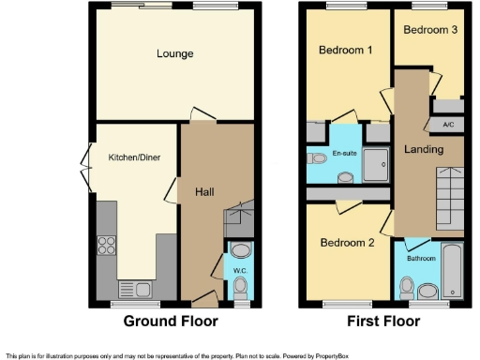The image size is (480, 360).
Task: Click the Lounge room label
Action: point(175,54)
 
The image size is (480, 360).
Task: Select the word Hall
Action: point(206,192)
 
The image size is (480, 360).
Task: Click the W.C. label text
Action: point(239,272)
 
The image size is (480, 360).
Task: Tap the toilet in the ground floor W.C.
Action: point(240,286)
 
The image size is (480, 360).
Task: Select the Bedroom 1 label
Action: point(340,50)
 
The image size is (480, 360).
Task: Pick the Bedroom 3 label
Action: point(429,30)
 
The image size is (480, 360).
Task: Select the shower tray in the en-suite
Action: point(377,160)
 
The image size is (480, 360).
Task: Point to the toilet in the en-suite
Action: point(313,159)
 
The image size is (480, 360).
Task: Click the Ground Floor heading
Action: point(172,322)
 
